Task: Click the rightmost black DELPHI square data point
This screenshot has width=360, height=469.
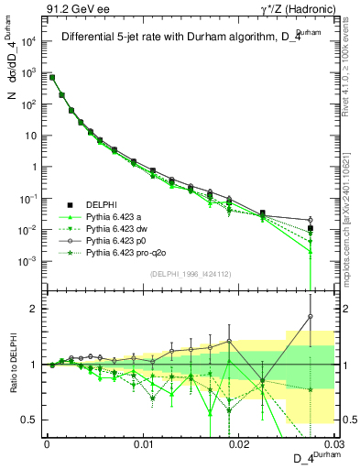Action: (311, 228)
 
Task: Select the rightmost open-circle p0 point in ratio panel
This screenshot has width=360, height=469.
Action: (311, 317)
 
